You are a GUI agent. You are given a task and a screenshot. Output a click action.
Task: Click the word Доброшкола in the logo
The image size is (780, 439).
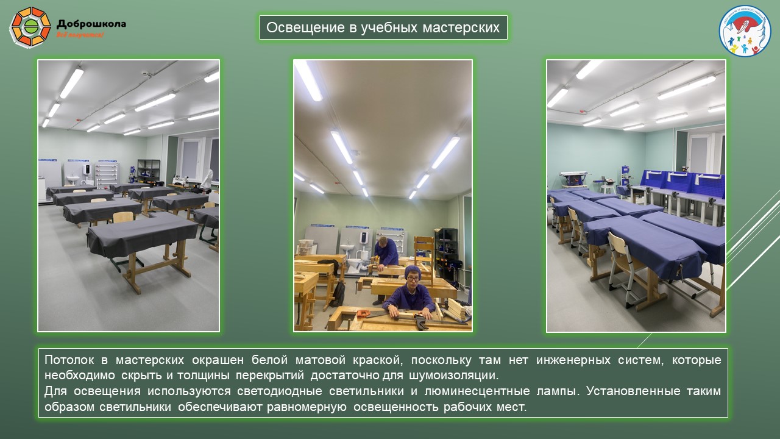[x=91, y=24]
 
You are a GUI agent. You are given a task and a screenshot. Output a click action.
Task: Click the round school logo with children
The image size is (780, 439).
[x=745, y=30]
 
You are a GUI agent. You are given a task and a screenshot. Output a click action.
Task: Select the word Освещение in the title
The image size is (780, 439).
[x=297, y=27]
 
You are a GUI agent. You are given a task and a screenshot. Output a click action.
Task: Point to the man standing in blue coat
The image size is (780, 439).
[x=385, y=256]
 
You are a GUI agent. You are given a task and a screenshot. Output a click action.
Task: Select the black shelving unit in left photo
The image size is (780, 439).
[x=149, y=171]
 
